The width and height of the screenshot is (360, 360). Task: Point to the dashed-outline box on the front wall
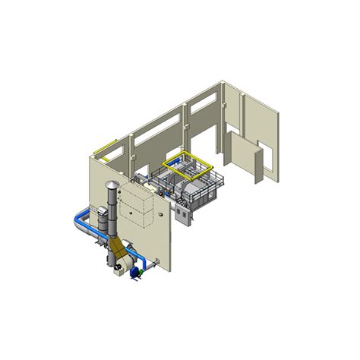[x=137, y=207]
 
